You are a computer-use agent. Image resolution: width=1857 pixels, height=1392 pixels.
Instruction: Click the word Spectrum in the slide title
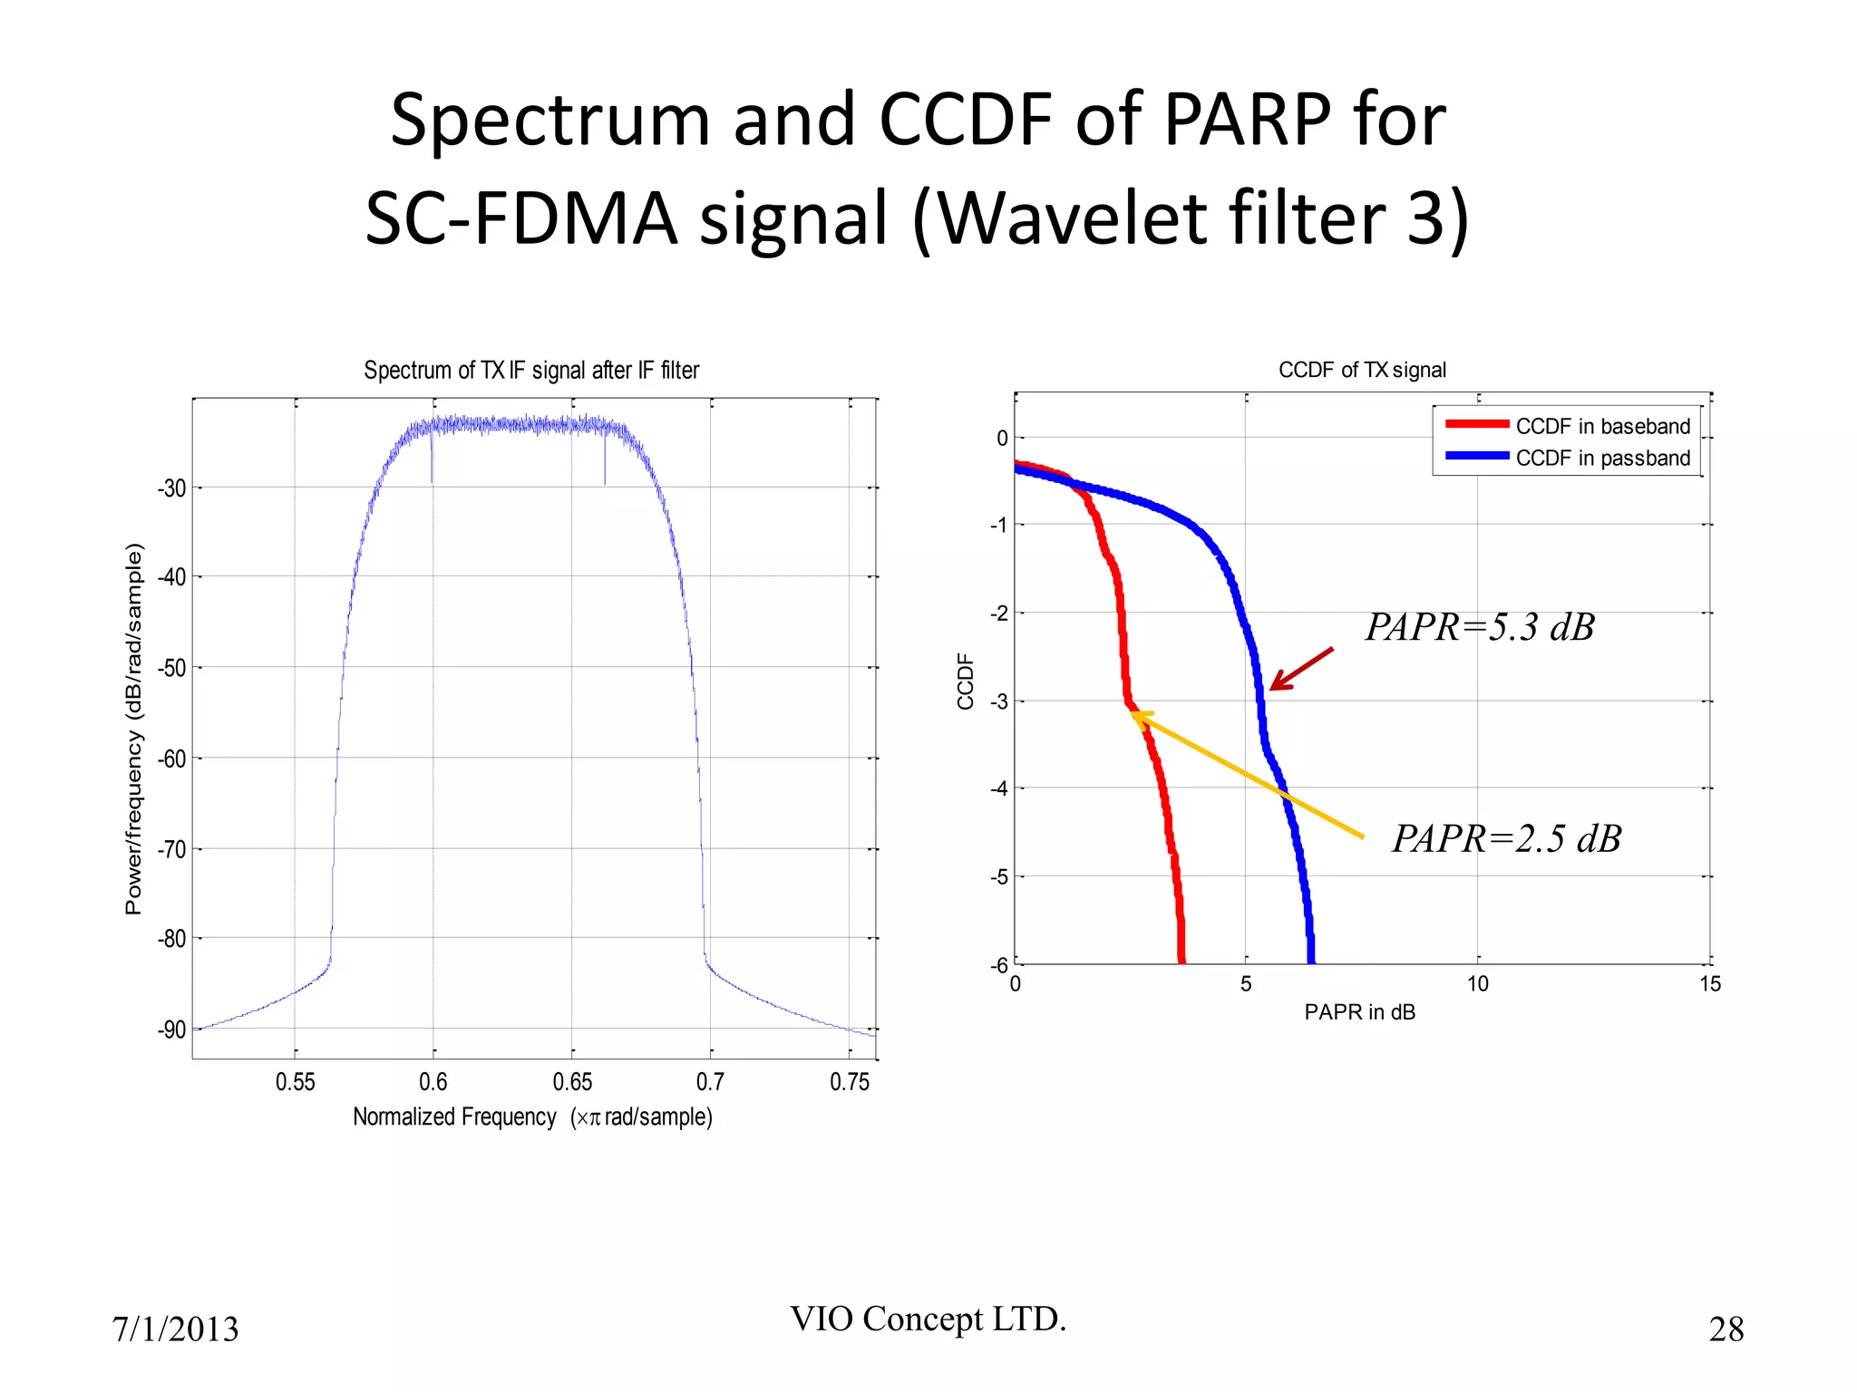tap(549, 121)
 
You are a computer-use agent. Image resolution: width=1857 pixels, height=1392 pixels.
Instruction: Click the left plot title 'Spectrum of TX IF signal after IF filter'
tap(531, 370)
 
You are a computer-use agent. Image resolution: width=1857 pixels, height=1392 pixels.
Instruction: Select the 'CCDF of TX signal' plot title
tap(1362, 370)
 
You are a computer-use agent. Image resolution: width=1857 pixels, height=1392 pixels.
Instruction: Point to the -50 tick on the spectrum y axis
tap(171, 669)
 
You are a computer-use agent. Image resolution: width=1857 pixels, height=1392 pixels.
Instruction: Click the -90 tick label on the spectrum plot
tap(171, 1029)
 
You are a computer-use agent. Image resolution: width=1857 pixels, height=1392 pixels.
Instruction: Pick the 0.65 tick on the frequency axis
tap(572, 1082)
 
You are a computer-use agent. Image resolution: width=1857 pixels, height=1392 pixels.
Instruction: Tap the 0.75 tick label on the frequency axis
tap(850, 1082)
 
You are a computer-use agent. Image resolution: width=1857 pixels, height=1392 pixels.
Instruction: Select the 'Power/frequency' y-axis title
tap(133, 729)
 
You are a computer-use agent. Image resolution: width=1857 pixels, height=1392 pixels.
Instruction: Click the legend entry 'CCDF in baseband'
tap(1602, 426)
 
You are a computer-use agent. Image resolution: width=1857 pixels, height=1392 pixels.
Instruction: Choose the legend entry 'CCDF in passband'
tap(1602, 458)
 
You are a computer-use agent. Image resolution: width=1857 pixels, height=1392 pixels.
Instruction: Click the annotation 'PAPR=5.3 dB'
tap(1480, 627)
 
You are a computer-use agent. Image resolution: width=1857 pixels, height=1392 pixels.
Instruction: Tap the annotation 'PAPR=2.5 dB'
tap(1506, 838)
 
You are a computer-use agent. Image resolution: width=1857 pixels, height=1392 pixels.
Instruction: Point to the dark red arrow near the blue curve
tap(1301, 669)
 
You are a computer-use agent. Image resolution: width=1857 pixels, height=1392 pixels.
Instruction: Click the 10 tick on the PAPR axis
tap(1477, 984)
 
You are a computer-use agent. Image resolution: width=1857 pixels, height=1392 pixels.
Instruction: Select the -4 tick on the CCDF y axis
tap(998, 788)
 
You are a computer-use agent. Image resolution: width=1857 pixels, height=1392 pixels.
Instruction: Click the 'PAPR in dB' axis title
tap(1359, 1012)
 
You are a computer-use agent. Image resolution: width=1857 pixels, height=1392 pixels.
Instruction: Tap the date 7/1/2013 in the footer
tap(175, 1329)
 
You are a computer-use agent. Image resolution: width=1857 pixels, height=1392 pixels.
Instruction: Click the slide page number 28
tap(1726, 1329)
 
